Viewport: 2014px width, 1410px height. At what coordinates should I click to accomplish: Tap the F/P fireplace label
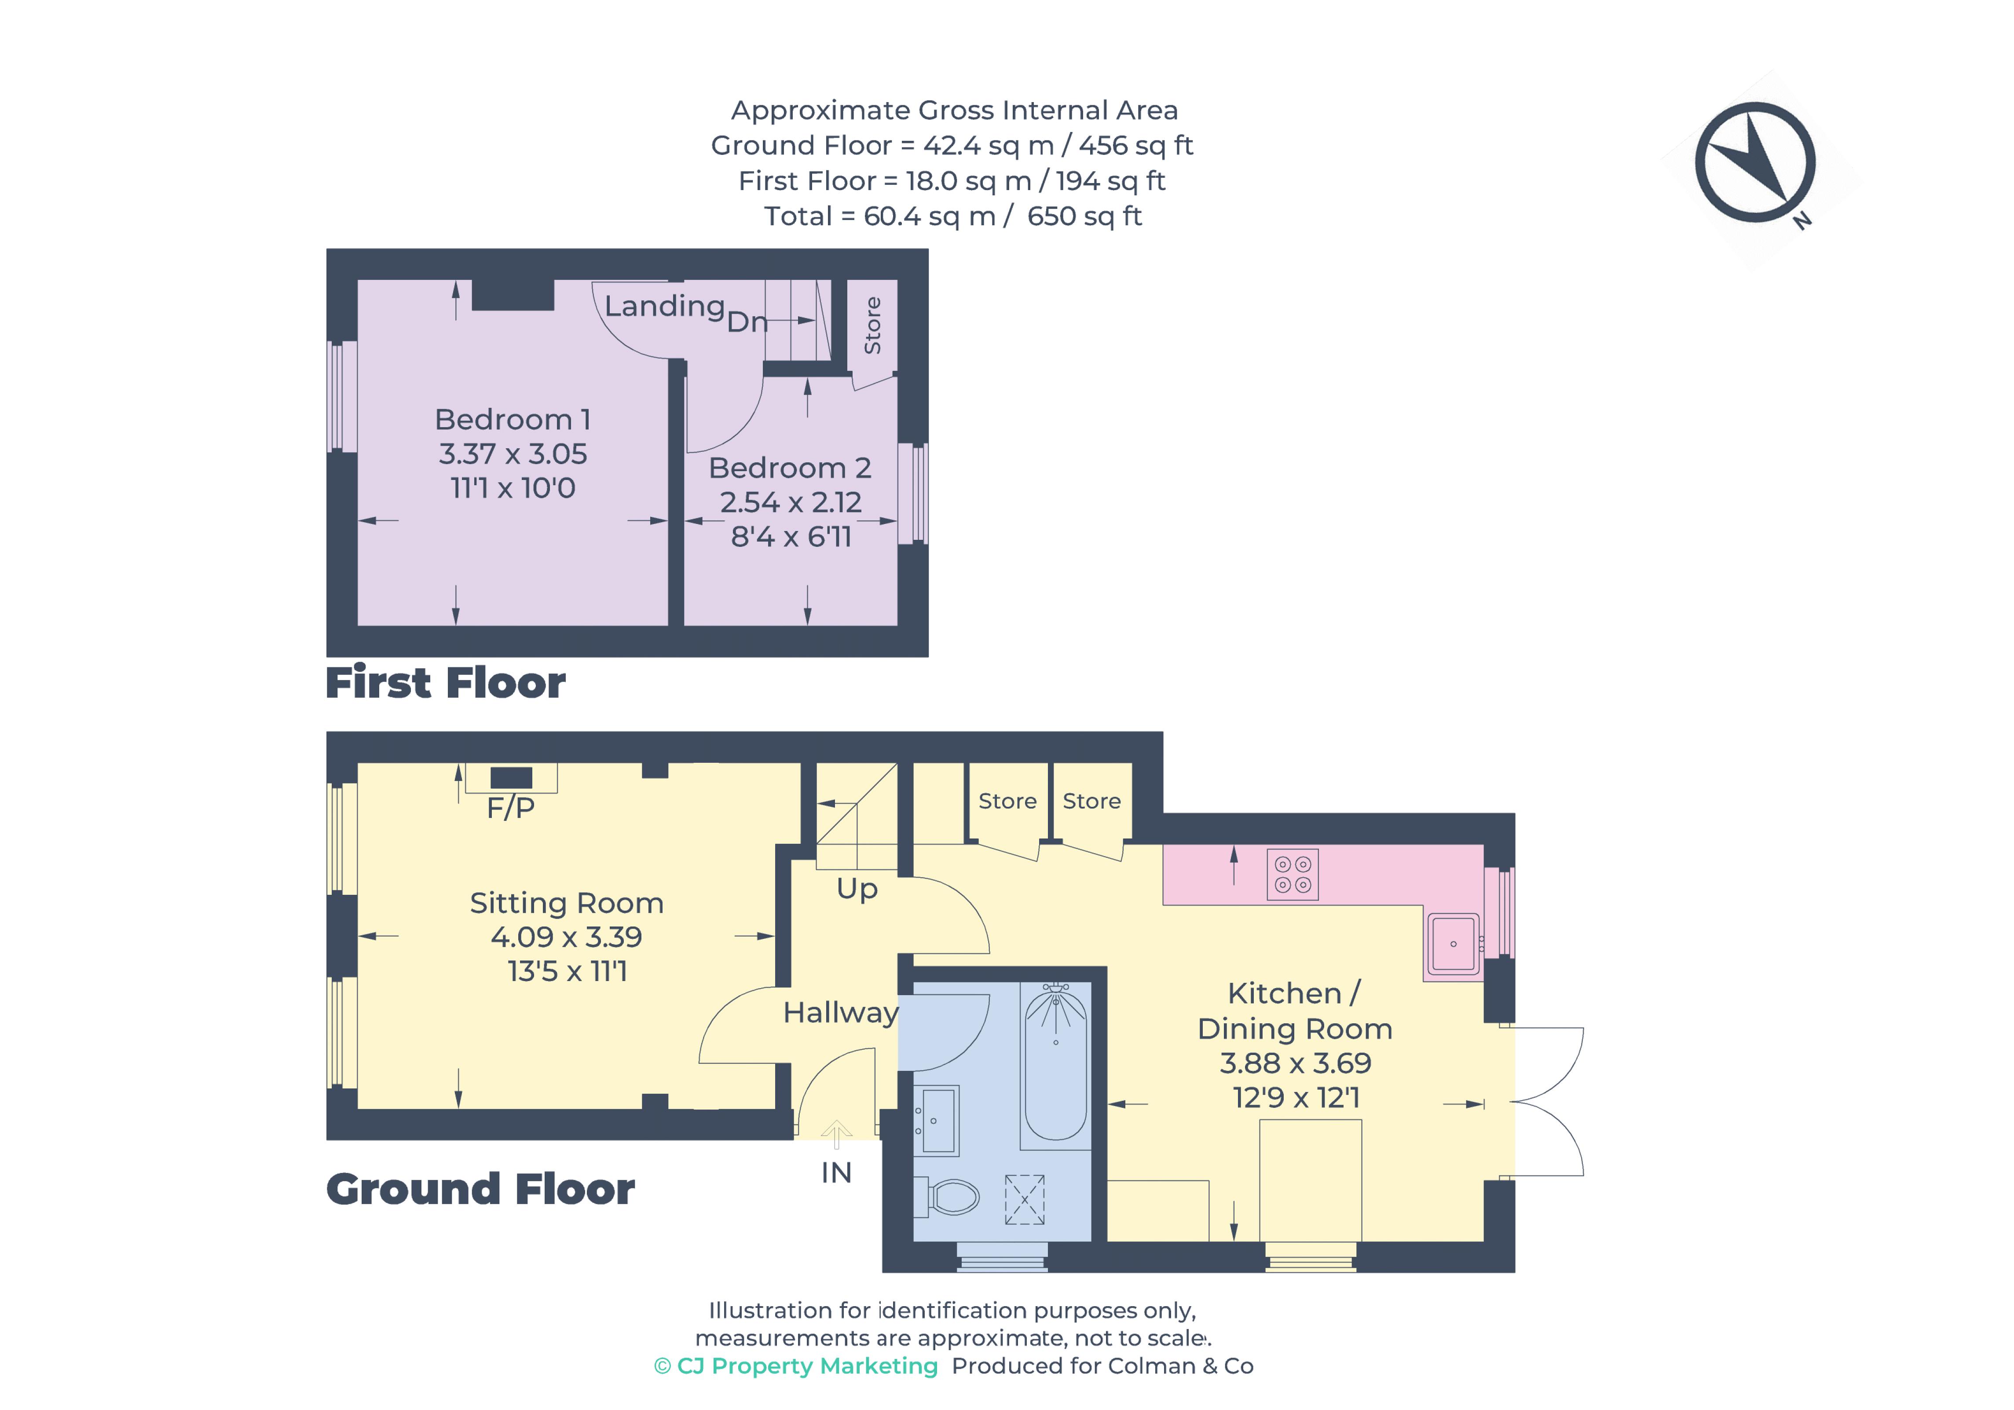coord(510,807)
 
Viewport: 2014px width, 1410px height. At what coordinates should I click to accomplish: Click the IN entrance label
coord(836,1173)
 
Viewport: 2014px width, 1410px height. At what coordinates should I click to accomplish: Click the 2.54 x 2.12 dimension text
coord(791,502)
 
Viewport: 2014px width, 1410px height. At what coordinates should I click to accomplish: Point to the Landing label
coord(664,306)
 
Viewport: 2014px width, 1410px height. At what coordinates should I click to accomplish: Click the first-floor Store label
coord(872,326)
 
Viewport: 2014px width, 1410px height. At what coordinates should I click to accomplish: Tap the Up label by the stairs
coord(857,889)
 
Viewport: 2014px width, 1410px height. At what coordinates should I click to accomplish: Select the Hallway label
coord(840,1013)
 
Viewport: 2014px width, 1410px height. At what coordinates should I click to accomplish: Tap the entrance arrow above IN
coord(836,1134)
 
